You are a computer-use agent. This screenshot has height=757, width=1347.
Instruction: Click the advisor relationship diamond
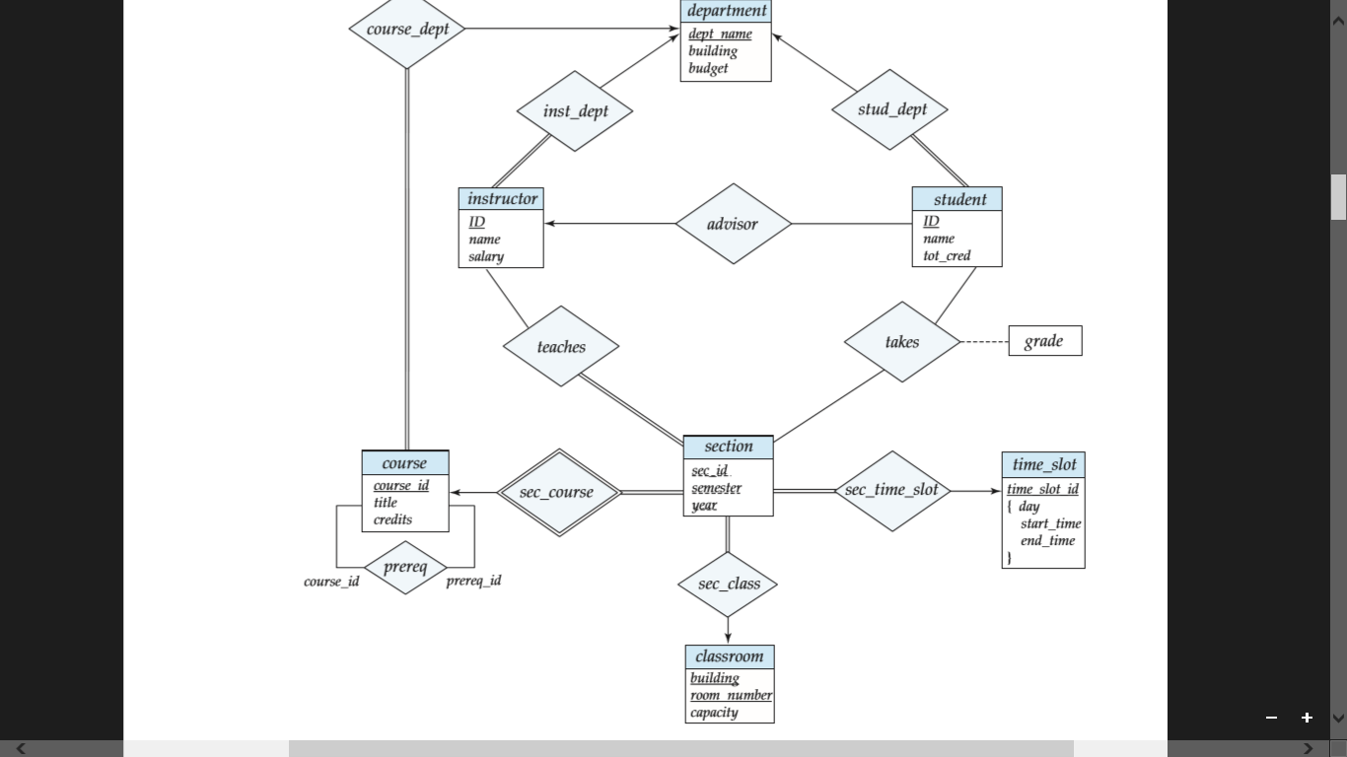pos(733,224)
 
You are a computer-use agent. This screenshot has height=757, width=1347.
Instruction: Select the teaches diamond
pos(561,346)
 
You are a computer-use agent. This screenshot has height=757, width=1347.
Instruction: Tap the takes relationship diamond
pos(901,342)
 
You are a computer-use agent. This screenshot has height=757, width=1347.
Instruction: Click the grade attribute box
pos(1044,341)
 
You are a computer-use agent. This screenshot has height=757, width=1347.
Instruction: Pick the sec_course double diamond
pos(558,492)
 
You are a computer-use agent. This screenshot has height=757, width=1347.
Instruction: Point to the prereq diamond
pos(405,568)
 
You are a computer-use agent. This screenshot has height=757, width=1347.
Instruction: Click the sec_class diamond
pos(728,584)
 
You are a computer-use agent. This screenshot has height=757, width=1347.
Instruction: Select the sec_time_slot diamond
pos(891,491)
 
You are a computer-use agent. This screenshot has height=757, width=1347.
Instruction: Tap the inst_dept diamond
pos(575,111)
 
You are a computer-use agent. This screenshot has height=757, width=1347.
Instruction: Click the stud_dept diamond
pos(890,109)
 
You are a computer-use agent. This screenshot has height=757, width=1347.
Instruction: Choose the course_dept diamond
pos(407,30)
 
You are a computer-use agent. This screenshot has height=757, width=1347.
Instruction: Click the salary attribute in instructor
pos(486,256)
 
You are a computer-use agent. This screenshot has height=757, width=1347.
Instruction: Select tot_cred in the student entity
pos(947,255)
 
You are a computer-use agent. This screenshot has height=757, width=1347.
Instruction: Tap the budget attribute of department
pos(708,68)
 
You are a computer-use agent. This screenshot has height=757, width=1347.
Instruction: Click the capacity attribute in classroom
pos(714,713)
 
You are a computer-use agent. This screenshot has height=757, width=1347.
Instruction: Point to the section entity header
pos(728,447)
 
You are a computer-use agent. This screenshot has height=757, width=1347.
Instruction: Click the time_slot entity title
pos(1043,464)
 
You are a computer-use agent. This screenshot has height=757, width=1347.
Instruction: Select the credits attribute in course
pos(392,519)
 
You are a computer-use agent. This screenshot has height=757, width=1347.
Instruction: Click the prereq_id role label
pos(473,581)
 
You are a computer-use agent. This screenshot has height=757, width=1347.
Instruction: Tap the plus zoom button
pos(1307,718)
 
